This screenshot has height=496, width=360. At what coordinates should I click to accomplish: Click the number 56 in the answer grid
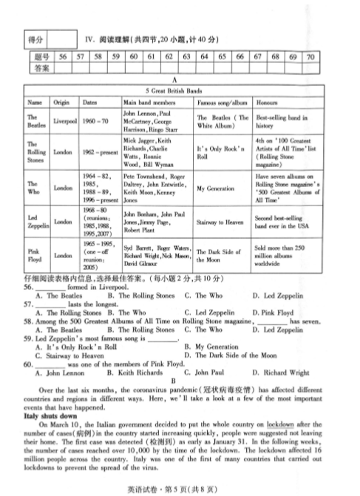coord(62,56)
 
